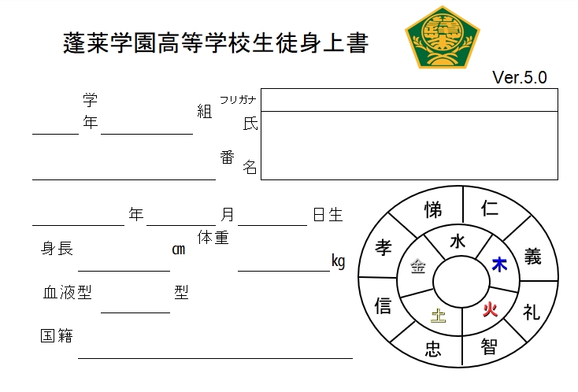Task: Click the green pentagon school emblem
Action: coord(443,38)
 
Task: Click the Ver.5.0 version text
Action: coord(520,77)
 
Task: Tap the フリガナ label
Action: coord(238,100)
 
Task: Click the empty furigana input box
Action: coord(409,100)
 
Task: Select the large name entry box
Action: coord(409,146)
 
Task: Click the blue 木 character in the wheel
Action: coord(499,264)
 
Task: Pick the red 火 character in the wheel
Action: coord(491,309)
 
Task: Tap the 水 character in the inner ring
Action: coord(458,242)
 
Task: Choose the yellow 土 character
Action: coord(439,316)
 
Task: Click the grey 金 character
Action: coord(418,265)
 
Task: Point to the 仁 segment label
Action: coord(490,209)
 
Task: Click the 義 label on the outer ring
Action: coord(532,257)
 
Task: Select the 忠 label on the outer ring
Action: coord(433,349)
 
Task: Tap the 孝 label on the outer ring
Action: coord(383,247)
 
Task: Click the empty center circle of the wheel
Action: coord(461,283)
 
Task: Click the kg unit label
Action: coord(338,261)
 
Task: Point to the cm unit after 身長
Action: coord(179,250)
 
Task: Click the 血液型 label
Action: coord(67,293)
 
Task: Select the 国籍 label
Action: coord(57,335)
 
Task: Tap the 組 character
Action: coord(205,111)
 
